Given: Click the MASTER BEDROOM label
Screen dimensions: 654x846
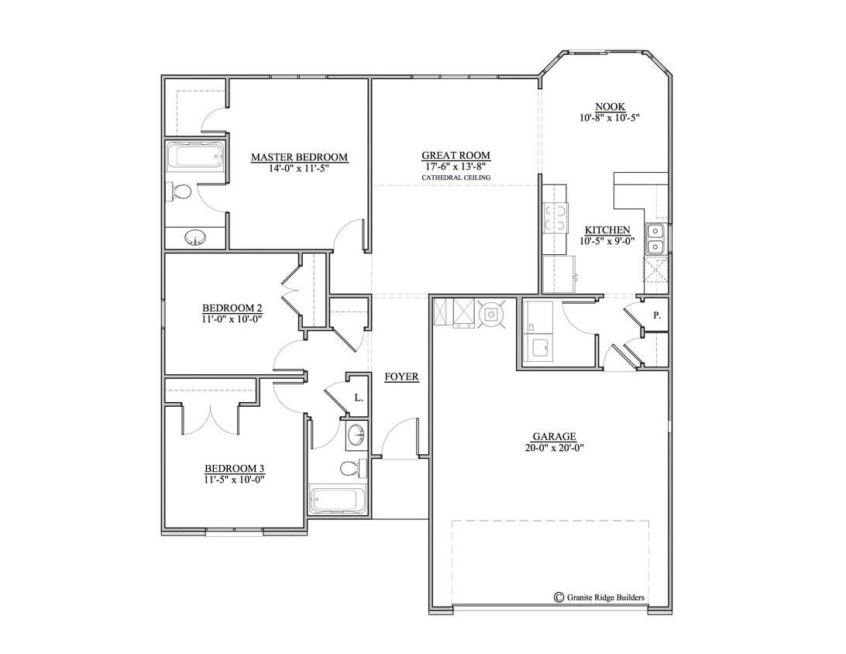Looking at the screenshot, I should tap(299, 157).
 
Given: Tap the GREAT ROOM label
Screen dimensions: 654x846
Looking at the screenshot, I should tap(456, 156).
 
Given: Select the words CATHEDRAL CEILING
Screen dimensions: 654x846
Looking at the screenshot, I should tap(456, 178).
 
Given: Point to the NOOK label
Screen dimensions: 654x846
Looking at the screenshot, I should tap(610, 107).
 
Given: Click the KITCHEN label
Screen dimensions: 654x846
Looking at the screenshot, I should tap(607, 230).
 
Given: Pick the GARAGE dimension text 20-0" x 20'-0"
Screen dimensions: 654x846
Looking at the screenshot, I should tap(553, 447).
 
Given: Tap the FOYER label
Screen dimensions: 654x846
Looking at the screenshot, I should tap(401, 377).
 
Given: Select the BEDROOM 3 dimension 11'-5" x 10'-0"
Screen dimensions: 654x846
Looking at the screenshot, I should tap(235, 480).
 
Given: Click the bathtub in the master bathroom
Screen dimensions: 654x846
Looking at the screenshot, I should tap(196, 157).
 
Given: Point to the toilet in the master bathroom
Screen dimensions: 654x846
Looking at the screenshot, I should tap(181, 192).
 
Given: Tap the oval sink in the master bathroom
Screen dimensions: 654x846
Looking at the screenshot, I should tap(195, 238).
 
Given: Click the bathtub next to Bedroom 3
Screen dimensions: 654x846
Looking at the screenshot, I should tap(337, 499).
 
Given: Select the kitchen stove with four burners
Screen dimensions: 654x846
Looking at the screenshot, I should tap(554, 217).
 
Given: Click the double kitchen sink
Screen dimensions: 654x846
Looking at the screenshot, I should tap(655, 239).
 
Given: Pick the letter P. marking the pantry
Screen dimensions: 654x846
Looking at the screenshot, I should tap(656, 315).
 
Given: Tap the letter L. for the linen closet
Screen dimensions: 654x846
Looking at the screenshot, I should tap(358, 398).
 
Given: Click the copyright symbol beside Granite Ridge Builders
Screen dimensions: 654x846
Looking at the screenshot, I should tap(559, 597).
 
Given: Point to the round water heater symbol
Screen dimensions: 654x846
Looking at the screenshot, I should tap(491, 314).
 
